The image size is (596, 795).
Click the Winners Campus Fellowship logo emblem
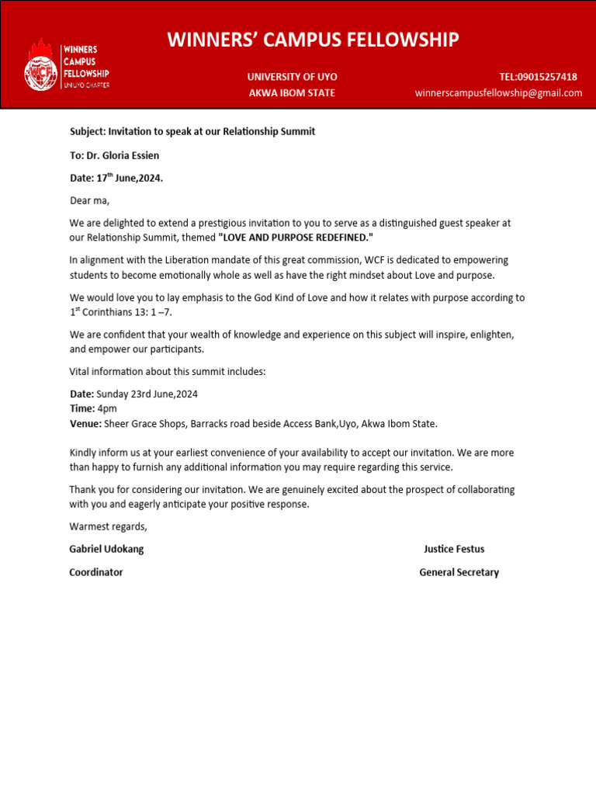pyautogui.click(x=40, y=65)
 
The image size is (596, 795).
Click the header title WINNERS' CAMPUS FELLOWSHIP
pyautogui.click(x=313, y=40)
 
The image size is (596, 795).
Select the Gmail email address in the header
pyautogui.click(x=498, y=93)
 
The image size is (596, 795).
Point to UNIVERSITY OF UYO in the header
pyautogui.click(x=292, y=77)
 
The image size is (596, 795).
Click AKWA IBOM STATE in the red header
pyautogui.click(x=292, y=93)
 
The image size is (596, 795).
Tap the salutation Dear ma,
pyautogui.click(x=90, y=201)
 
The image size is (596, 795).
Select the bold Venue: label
pyautogui.click(x=85, y=423)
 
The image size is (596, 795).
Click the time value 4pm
pyautogui.click(x=107, y=408)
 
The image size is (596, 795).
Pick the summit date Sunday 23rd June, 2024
pyautogui.click(x=147, y=394)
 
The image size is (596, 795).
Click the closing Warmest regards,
pyautogui.click(x=108, y=526)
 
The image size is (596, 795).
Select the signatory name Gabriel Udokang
pyautogui.click(x=106, y=549)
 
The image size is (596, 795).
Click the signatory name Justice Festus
pyautogui.click(x=454, y=549)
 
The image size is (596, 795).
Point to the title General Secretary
pyautogui.click(x=459, y=572)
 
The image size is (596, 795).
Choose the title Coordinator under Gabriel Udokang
pyautogui.click(x=96, y=572)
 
